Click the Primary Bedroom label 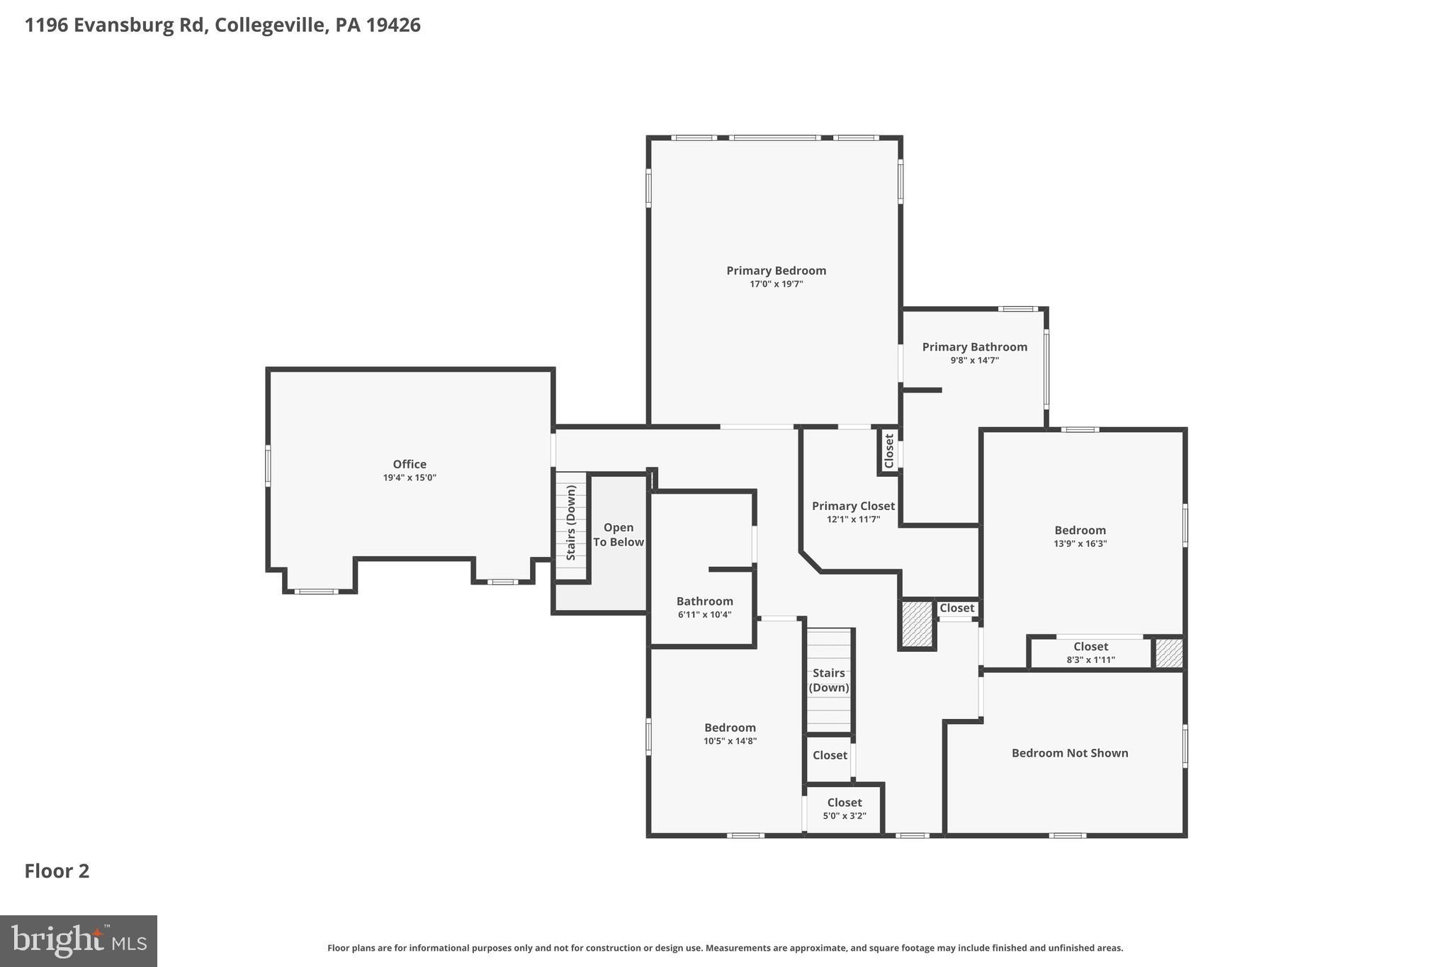tap(776, 271)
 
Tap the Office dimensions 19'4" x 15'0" tap(410, 478)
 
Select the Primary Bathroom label tap(974, 346)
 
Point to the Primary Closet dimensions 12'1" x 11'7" tap(853, 519)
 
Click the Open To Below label tap(618, 535)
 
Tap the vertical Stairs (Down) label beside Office tap(571, 523)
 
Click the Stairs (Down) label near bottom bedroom tap(828, 680)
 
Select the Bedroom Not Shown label tap(1069, 753)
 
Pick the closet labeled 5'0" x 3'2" tap(844, 808)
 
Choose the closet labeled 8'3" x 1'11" tap(1090, 652)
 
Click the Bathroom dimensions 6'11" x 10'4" tap(704, 615)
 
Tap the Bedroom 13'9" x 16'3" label tap(1080, 531)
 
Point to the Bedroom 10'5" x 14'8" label tap(730, 728)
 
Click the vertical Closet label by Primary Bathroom tap(889, 451)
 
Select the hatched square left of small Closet tap(917, 623)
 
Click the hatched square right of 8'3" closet tap(1169, 652)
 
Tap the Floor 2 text tap(57, 871)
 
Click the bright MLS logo tap(78, 941)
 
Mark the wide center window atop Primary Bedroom tap(774, 137)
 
